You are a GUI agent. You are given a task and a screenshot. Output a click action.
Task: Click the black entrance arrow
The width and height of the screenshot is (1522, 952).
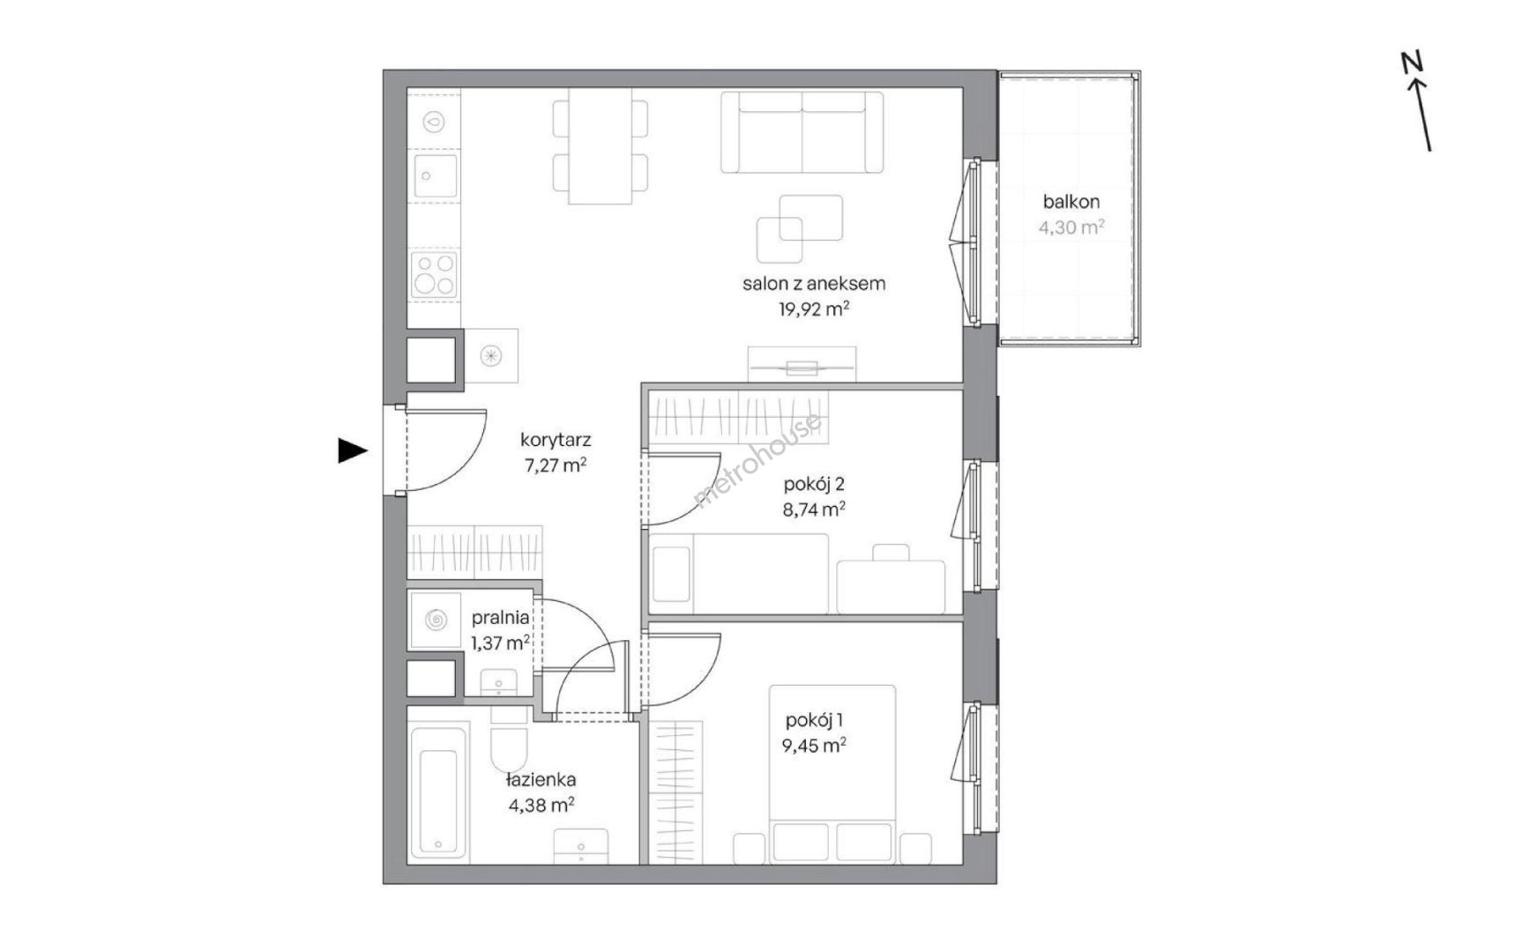tap(352, 450)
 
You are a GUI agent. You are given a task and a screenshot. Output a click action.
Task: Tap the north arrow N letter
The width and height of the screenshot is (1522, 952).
tap(1413, 63)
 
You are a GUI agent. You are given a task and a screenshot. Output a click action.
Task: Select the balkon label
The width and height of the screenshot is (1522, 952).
tap(1071, 202)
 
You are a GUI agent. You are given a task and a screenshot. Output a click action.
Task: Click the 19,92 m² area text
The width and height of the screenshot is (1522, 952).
tap(813, 309)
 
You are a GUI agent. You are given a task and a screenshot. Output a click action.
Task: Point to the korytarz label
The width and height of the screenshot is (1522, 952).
tap(556, 440)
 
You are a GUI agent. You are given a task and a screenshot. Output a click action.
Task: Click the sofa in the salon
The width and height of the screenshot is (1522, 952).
tap(802, 132)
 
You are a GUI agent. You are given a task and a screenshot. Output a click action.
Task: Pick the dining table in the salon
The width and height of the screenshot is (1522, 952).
tap(600, 145)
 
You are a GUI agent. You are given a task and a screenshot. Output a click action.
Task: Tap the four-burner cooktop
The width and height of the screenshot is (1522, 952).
tap(435, 273)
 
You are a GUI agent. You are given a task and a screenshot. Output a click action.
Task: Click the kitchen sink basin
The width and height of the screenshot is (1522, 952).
tap(434, 175)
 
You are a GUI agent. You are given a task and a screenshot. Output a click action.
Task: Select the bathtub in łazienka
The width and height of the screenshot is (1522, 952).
tap(438, 801)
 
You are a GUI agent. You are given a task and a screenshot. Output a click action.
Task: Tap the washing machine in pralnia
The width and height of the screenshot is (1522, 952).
tap(435, 620)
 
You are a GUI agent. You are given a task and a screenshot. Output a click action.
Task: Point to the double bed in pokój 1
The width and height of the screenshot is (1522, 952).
tap(832, 774)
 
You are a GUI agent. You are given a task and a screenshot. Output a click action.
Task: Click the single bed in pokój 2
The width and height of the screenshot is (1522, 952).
tap(739, 573)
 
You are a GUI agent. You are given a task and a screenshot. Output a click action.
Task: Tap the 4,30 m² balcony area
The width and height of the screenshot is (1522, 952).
tap(1071, 227)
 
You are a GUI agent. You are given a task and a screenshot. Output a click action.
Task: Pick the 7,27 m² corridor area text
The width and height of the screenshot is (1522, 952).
tap(556, 465)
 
